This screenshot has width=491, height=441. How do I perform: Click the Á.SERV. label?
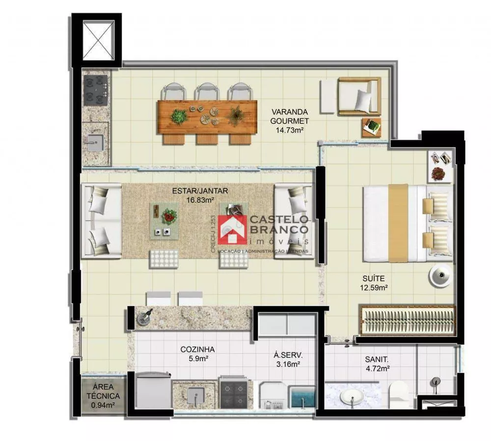coord(288,355)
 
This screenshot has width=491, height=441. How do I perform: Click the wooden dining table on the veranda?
coord(207,117)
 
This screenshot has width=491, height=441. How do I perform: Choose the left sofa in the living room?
coord(101,221)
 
